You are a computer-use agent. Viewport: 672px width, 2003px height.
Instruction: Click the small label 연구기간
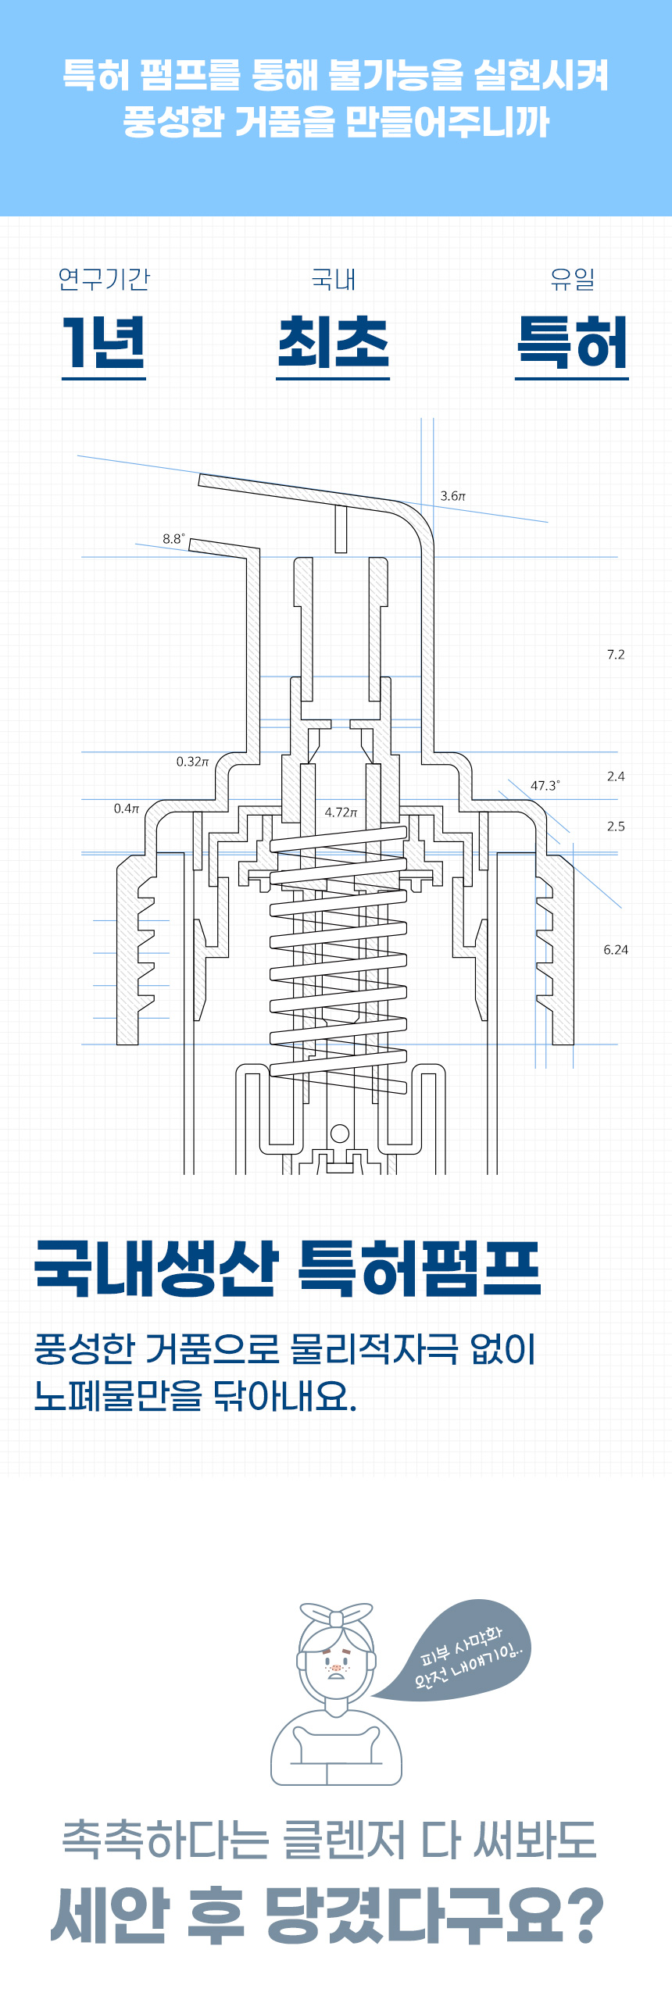(x=104, y=279)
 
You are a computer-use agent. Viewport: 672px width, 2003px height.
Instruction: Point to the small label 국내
(x=334, y=279)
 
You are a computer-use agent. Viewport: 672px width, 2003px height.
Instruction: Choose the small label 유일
(x=572, y=279)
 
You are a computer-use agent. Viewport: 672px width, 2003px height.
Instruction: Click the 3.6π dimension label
(x=452, y=496)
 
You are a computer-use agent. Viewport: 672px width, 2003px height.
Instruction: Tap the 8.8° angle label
(x=173, y=538)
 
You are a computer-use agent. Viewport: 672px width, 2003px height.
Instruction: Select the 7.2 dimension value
(x=616, y=655)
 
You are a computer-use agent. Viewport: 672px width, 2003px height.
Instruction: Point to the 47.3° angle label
(x=545, y=786)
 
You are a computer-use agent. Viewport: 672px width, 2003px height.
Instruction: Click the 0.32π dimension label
(x=192, y=762)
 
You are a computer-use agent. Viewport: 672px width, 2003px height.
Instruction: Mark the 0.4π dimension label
(x=126, y=809)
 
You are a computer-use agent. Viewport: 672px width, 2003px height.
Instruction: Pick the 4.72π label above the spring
(x=341, y=812)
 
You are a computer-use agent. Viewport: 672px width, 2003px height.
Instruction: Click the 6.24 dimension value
(x=616, y=950)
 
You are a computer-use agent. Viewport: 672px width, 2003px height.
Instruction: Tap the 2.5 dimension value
(x=616, y=827)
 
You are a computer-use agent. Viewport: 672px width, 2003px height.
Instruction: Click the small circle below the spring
(x=340, y=1133)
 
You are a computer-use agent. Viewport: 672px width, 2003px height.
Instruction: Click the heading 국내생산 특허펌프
(x=288, y=1269)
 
